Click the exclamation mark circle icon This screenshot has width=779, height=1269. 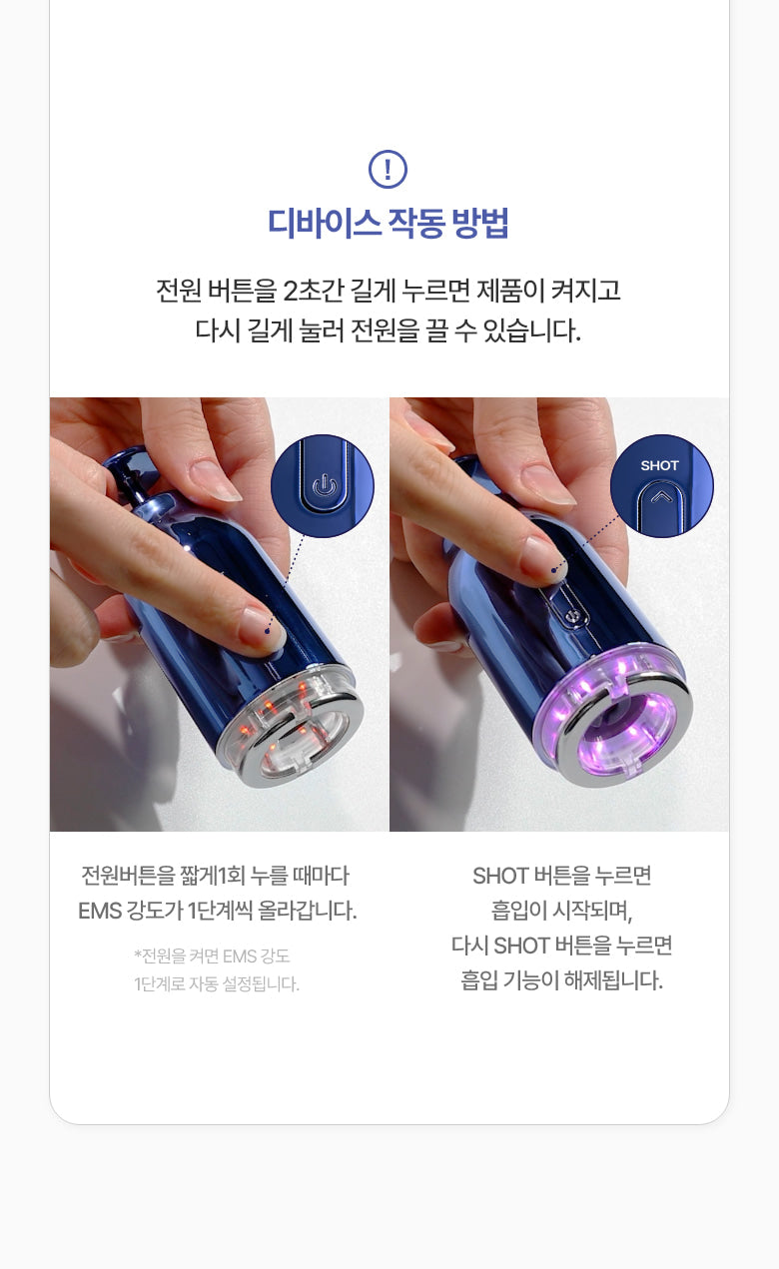pyautogui.click(x=389, y=169)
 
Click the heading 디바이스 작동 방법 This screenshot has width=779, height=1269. pyautogui.click(x=389, y=223)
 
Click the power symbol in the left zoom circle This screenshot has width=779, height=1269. pyautogui.click(x=325, y=486)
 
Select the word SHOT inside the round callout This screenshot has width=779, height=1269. pyautogui.click(x=659, y=465)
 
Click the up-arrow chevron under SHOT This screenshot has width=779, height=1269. pyautogui.click(x=661, y=497)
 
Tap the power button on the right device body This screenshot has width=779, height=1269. pyautogui.click(x=571, y=615)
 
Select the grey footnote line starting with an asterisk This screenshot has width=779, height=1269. pyautogui.click(x=212, y=956)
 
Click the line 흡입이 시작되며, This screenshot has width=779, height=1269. pyautogui.click(x=561, y=911)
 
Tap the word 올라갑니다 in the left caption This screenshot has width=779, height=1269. pyautogui.click(x=307, y=911)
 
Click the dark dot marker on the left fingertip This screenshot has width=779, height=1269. pyautogui.click(x=268, y=631)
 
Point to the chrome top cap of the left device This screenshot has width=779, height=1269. pyautogui.click(x=126, y=471)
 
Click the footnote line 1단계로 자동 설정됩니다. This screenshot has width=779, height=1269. pyautogui.click(x=217, y=984)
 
